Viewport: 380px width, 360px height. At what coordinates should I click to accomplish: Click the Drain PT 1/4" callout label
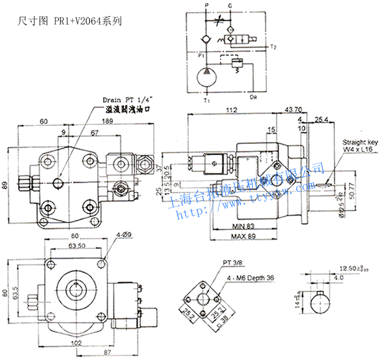pyautogui.click(x=128, y=100)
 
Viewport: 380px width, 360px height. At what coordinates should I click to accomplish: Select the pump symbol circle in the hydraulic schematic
pyautogui.click(x=206, y=76)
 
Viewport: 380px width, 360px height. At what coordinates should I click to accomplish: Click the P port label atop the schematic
pyautogui.click(x=206, y=5)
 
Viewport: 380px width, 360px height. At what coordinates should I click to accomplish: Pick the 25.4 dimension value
pyautogui.click(x=320, y=119)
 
